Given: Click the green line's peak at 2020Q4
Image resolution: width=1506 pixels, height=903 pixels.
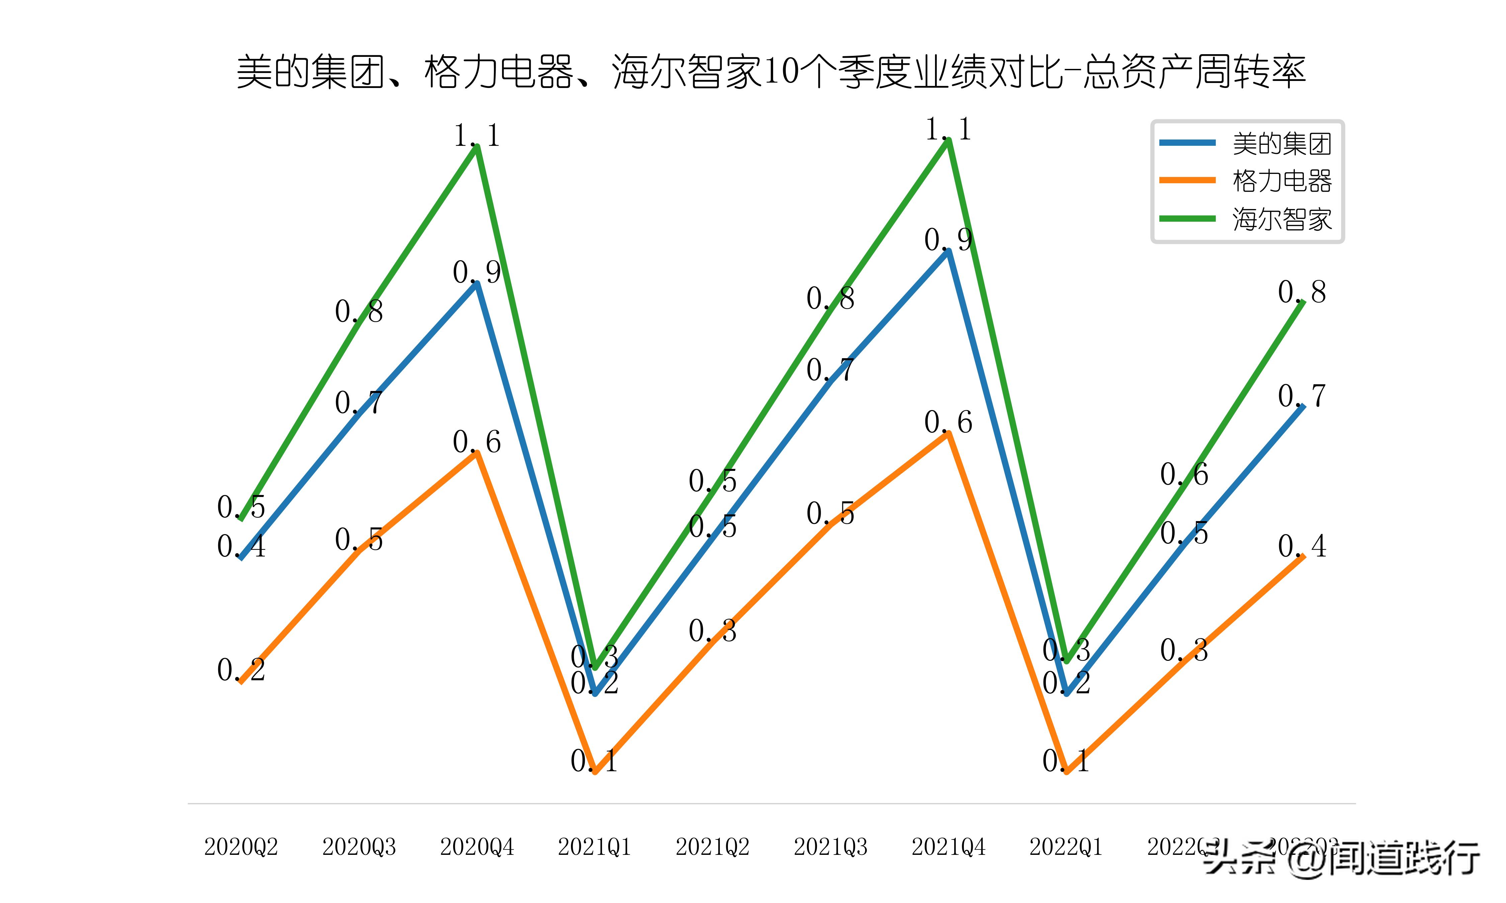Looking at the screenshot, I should click(x=477, y=146).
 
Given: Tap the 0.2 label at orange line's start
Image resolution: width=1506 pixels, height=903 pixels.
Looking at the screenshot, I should click(x=241, y=670).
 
